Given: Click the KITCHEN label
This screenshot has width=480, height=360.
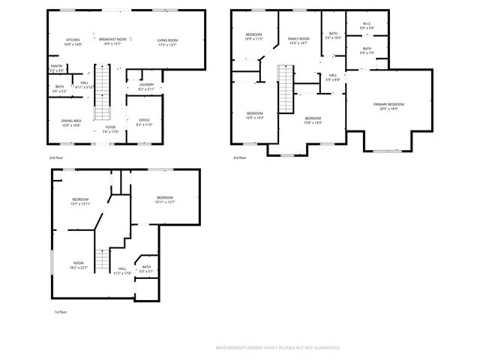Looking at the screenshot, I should (x=73, y=40).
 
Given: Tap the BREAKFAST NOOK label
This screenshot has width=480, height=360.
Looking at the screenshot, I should (x=112, y=40).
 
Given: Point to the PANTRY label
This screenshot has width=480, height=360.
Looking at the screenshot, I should (x=56, y=67).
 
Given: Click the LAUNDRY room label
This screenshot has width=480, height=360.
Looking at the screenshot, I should (x=147, y=85).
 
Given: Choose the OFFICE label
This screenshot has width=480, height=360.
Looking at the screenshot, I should (x=144, y=120).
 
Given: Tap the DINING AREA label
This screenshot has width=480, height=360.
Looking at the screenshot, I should (x=71, y=120).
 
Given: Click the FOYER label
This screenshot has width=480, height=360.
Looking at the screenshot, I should (x=110, y=127).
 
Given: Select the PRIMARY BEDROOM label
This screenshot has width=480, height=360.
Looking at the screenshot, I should (x=389, y=104).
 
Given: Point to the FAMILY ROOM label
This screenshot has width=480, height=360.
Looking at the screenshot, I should (x=298, y=38).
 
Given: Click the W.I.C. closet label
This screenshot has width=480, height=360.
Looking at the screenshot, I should (x=367, y=24).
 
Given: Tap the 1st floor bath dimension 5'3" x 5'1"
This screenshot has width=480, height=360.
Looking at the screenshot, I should (x=146, y=271).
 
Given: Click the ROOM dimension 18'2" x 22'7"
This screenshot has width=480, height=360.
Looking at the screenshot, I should (x=79, y=267).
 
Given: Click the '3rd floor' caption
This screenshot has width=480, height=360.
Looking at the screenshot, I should (x=240, y=158).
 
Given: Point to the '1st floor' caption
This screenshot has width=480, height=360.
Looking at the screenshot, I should (x=60, y=312).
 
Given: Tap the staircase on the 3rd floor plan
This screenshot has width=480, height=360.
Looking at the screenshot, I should (x=285, y=82).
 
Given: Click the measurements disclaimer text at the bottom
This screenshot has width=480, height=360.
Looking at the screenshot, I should (x=277, y=348).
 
